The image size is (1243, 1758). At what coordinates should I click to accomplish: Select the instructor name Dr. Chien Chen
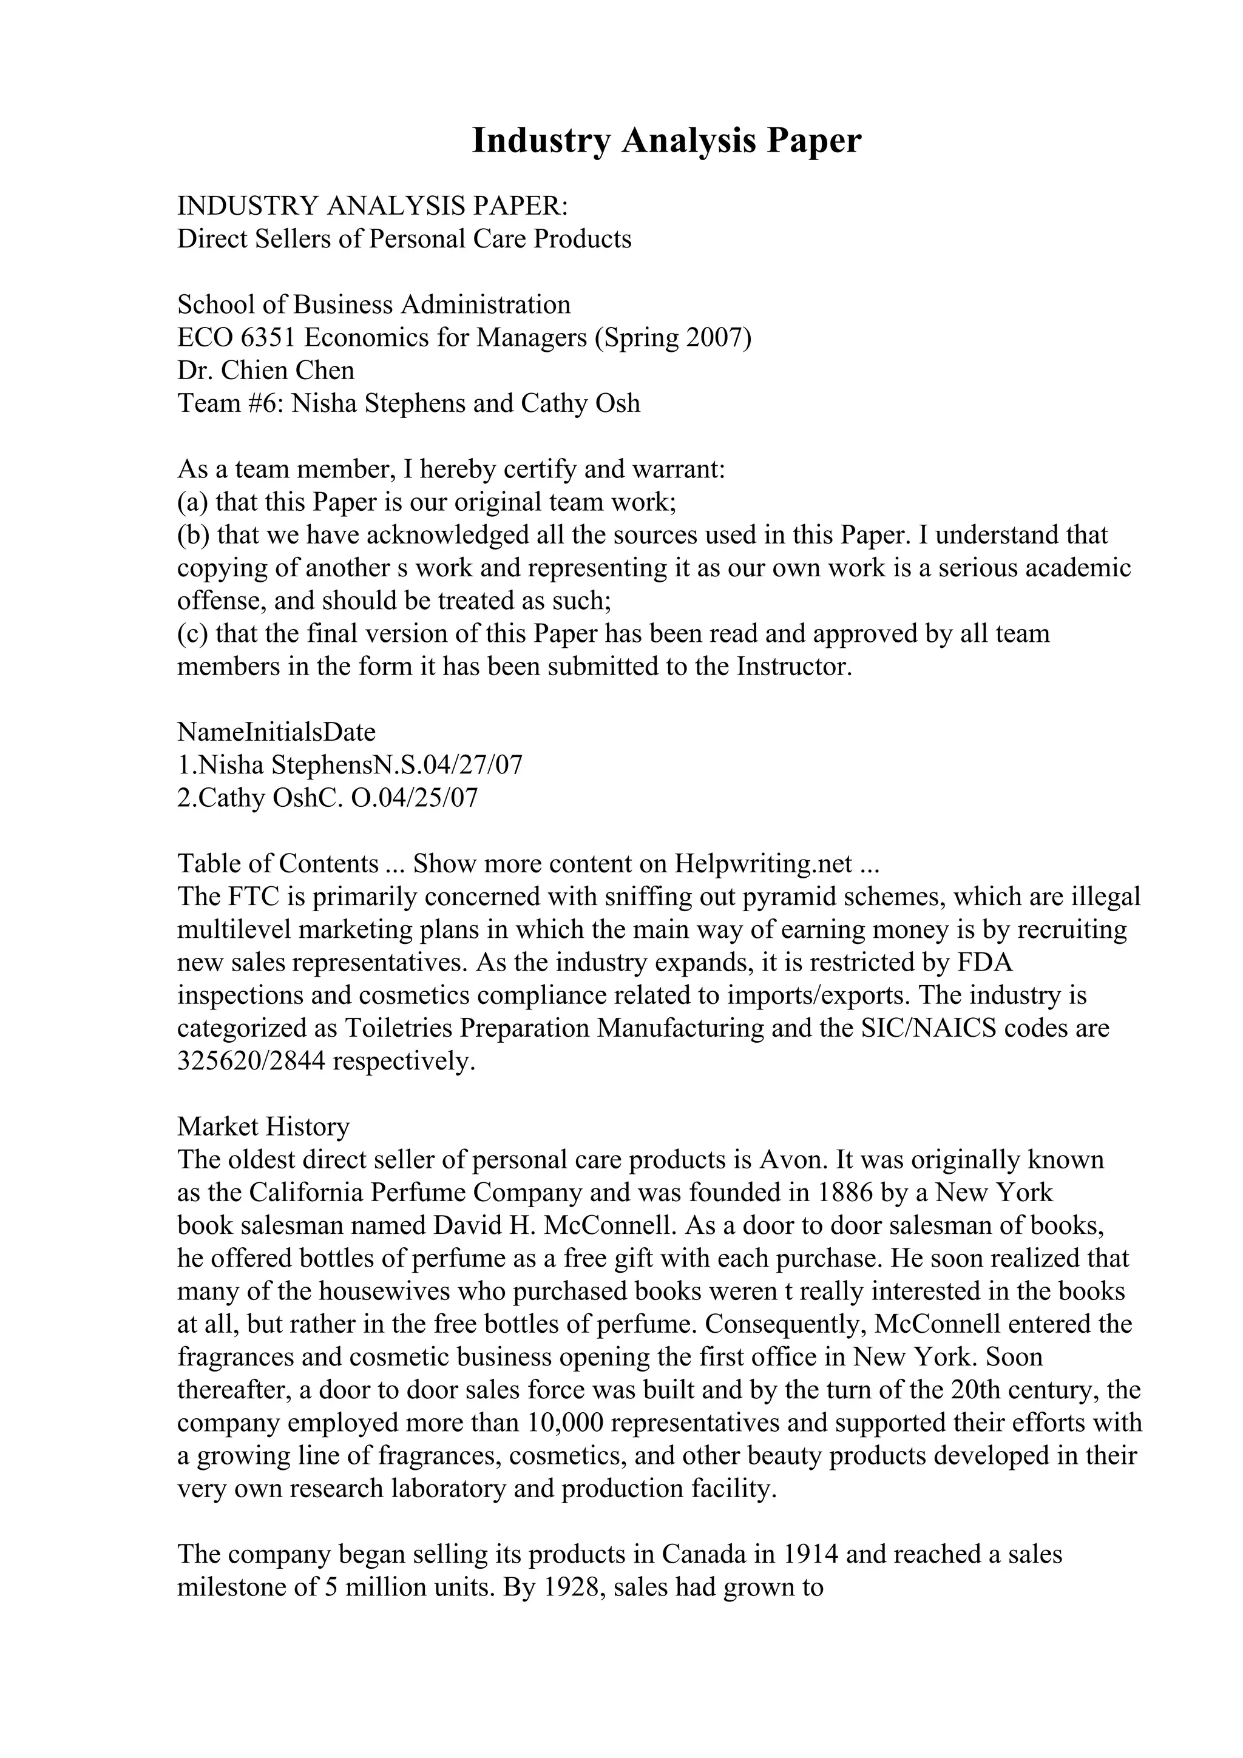pyautogui.click(x=266, y=371)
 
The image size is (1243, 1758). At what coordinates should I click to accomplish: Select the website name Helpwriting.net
pyautogui.click(x=763, y=864)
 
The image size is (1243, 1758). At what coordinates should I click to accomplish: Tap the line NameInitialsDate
pyautogui.click(x=277, y=732)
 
